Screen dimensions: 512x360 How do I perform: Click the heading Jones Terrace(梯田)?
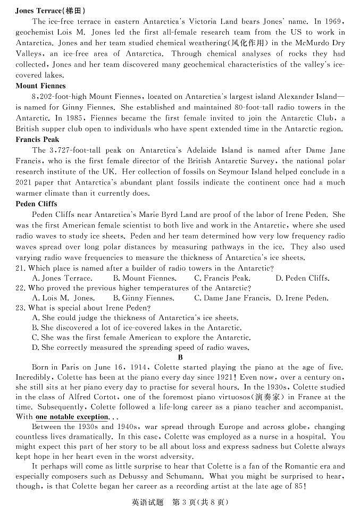point(51,11)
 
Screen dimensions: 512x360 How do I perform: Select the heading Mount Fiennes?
point(41,86)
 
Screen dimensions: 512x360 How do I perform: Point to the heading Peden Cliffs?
point(37,204)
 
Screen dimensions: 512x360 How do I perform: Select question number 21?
point(21,268)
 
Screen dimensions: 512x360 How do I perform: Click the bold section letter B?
point(180,357)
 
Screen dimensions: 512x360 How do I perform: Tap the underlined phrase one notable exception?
point(72,417)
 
